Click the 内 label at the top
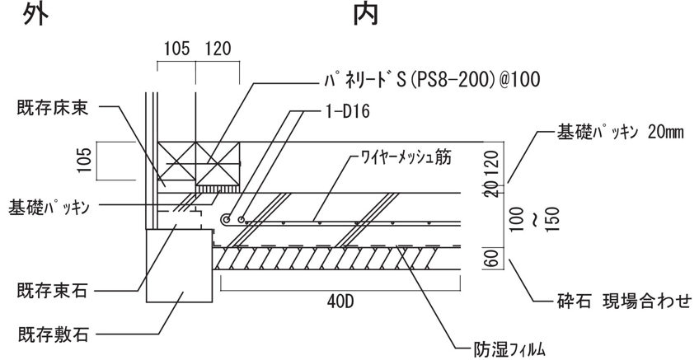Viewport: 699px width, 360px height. pos(365,14)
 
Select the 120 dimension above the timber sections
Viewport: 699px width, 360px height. pos(218,49)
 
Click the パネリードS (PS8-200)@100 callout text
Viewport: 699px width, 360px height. pos(429,80)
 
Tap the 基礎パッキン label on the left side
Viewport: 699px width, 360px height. pos(49,206)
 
